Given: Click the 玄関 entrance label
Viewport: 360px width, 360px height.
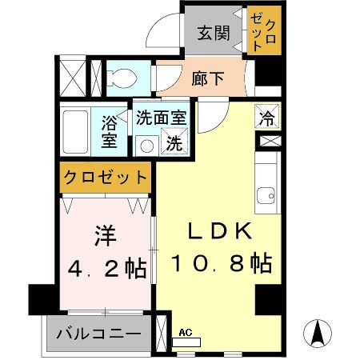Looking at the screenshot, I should (214, 33).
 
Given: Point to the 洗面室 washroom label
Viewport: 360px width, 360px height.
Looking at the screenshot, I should (160, 117).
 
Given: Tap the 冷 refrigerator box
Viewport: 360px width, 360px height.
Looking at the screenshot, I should (266, 117).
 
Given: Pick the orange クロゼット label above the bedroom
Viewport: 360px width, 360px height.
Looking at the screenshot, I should (105, 176).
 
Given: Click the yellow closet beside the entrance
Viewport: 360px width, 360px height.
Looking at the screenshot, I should (264, 31).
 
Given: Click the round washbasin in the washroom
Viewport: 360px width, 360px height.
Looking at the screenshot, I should (145, 145).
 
